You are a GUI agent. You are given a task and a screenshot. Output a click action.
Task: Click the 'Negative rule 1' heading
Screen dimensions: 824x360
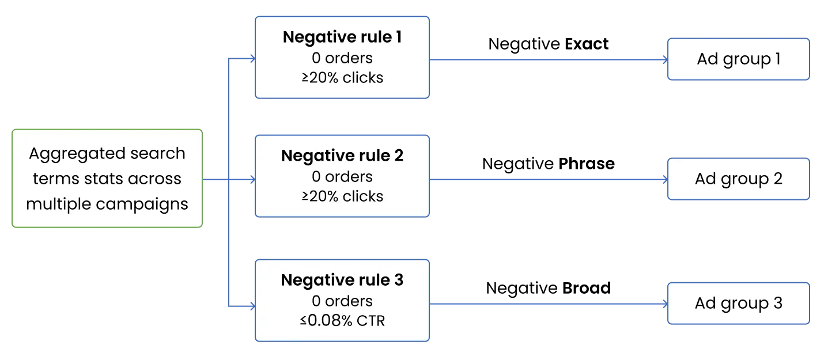342,37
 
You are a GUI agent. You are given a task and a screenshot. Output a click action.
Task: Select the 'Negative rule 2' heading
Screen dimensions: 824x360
342,156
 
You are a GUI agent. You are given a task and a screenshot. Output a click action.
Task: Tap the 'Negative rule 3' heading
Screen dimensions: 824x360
342,280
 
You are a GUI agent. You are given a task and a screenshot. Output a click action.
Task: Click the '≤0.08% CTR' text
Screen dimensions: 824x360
342,321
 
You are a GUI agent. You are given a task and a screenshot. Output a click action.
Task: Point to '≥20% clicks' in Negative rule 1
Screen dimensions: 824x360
342,78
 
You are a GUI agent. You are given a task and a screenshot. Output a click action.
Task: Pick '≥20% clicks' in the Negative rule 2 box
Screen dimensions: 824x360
342,196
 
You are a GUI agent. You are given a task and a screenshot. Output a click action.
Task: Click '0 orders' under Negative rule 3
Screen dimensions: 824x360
342,301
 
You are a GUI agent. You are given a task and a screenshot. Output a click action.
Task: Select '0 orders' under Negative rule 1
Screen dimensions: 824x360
342,58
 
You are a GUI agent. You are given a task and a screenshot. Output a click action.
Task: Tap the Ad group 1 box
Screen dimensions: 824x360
739,59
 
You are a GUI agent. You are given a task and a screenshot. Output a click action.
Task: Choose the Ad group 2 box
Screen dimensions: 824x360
739,179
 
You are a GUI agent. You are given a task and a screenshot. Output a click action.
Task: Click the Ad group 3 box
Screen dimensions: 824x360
739,304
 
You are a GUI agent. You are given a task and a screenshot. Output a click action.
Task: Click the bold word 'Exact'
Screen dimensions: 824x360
587,44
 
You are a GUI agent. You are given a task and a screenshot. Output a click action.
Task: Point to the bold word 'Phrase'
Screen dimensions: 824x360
587,164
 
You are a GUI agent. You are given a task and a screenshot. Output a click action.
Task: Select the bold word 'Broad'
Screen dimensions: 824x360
587,288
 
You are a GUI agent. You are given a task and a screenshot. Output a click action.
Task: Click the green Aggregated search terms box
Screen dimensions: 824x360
107,179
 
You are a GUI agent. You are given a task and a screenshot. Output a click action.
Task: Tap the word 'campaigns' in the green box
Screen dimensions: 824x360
142,204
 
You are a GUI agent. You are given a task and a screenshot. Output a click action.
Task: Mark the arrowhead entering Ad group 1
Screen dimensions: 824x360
666,59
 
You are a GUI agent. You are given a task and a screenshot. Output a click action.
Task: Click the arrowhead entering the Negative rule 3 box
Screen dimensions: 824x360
253,306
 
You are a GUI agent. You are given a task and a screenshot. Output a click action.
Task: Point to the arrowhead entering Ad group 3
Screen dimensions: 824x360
666,304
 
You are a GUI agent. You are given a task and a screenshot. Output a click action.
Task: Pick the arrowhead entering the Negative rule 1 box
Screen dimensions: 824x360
253,59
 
